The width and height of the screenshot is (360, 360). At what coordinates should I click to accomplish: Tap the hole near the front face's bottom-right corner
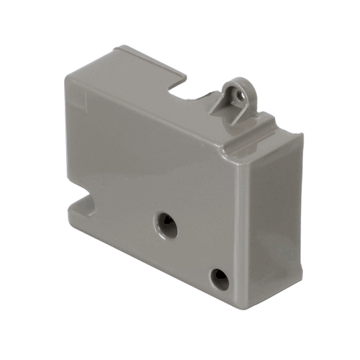point(219,278)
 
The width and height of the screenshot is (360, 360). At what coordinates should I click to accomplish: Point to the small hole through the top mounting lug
point(243,92)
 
